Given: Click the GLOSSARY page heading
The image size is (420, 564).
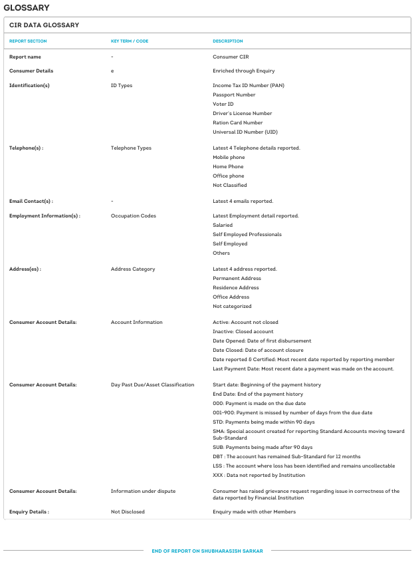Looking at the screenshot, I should click(x=26, y=7).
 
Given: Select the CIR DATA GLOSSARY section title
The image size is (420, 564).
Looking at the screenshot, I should click(x=44, y=25).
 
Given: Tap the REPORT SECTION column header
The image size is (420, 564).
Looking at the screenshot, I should click(x=28, y=41).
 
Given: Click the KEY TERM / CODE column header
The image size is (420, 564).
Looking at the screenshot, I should click(x=130, y=41).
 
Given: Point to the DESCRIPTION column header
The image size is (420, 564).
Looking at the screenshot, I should click(x=228, y=41).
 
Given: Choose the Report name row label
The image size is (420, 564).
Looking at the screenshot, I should click(x=25, y=57).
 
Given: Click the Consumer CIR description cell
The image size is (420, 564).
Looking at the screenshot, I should click(x=231, y=57).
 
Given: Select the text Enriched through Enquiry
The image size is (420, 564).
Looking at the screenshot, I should click(x=243, y=70).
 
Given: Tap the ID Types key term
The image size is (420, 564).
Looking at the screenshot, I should click(x=122, y=85).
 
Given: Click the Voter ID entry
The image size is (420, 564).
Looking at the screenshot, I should click(x=223, y=104).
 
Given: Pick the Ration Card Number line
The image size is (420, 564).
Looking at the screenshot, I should click(x=237, y=122).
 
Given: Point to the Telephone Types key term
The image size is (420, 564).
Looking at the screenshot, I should click(x=131, y=148).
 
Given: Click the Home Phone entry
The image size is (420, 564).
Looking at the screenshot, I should click(x=228, y=166).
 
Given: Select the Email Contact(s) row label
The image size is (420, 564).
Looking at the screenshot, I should click(x=31, y=201).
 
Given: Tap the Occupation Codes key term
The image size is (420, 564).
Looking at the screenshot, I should click(x=134, y=215).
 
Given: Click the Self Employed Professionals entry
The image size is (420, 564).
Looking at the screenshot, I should click(x=247, y=234).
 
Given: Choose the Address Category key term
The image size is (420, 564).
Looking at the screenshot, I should click(x=133, y=269).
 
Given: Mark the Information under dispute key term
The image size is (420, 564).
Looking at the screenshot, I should click(x=143, y=491).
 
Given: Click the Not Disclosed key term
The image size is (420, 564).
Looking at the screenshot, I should click(x=128, y=511).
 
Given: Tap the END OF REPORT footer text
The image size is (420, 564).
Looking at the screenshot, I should click(x=207, y=551).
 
